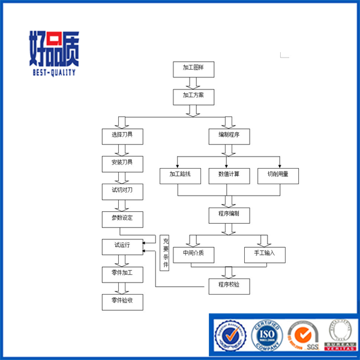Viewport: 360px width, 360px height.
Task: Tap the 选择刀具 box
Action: (122, 136)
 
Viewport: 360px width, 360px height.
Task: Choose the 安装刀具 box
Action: (122, 163)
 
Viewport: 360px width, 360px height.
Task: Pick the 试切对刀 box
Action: (122, 191)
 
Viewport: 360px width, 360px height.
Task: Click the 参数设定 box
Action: (122, 218)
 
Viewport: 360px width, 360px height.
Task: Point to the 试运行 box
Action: (122, 246)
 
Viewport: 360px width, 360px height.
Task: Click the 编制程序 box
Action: (229, 136)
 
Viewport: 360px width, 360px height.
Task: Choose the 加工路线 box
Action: (180, 175)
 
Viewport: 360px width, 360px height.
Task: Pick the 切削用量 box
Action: (278, 175)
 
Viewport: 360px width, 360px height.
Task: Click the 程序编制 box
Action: (229, 214)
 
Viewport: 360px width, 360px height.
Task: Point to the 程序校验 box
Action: (229, 286)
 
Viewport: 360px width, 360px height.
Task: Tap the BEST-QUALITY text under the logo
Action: (53, 72)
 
